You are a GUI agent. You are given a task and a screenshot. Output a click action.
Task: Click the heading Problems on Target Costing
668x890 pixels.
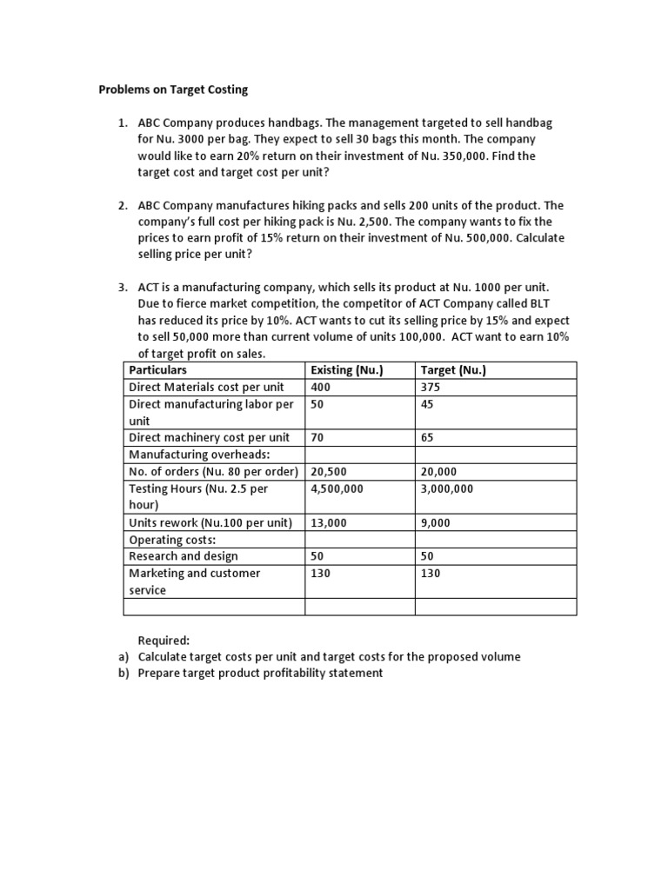click(x=172, y=89)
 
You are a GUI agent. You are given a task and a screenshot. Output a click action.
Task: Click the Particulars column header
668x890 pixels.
click(x=157, y=370)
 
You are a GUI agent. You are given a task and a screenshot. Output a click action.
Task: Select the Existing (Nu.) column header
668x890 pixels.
click(x=346, y=370)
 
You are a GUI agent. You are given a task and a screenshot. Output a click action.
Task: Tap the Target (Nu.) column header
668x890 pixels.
click(x=453, y=370)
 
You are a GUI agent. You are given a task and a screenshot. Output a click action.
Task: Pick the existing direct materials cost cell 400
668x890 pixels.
click(x=321, y=387)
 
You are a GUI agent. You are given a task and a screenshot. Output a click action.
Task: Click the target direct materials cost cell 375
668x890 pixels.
click(x=431, y=387)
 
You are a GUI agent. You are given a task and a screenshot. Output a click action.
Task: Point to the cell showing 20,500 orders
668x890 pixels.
click(x=329, y=471)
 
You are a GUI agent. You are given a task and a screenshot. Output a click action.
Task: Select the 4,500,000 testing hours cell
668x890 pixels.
click(x=337, y=488)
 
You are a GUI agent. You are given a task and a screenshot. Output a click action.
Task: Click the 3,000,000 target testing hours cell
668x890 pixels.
click(x=447, y=488)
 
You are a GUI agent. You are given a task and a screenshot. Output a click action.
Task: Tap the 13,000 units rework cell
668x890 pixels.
click(x=329, y=522)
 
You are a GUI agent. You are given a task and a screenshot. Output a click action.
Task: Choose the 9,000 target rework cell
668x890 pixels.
click(x=436, y=522)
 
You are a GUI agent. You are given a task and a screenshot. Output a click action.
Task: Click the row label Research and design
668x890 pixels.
click(x=184, y=556)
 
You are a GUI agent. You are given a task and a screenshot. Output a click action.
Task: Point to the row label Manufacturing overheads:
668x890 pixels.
click(x=199, y=455)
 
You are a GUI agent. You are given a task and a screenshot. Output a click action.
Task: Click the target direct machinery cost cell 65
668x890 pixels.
click(x=427, y=438)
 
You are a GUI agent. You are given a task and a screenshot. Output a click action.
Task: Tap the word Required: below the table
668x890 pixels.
click(x=164, y=641)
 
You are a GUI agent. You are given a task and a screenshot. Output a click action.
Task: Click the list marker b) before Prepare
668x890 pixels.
click(x=124, y=674)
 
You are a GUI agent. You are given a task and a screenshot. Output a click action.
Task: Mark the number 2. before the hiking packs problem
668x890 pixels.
click(x=124, y=205)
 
